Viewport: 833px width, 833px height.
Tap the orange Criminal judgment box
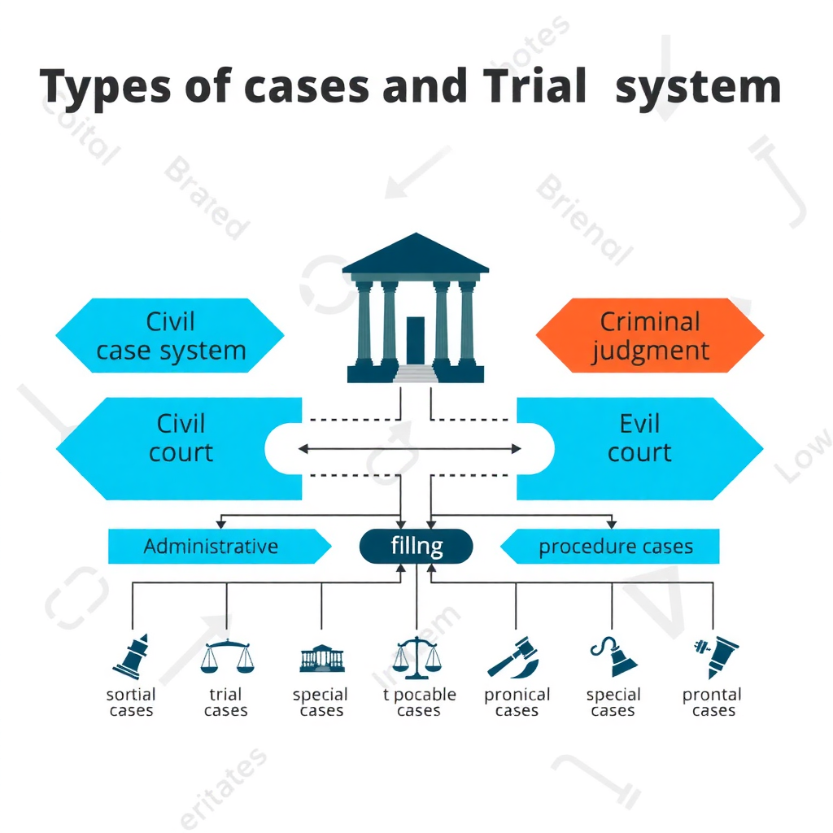(x=650, y=335)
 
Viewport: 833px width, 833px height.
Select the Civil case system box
(x=170, y=335)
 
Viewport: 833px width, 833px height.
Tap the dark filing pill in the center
(x=416, y=546)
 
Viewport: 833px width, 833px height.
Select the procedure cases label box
(x=614, y=546)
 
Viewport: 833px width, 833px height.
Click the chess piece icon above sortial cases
(x=131, y=656)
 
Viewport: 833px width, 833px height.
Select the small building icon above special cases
(x=321, y=659)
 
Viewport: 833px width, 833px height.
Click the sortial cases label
(x=131, y=703)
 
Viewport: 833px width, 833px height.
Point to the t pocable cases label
(x=419, y=703)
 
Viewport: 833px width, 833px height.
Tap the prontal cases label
(x=712, y=703)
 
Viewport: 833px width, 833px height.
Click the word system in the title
(x=697, y=87)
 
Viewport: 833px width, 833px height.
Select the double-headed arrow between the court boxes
(x=410, y=448)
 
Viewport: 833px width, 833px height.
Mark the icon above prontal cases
(x=716, y=656)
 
